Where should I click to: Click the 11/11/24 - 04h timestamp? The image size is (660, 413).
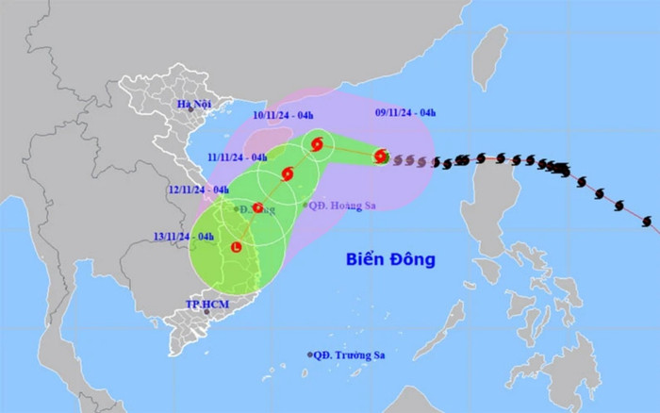pyautogui.click(x=239, y=157)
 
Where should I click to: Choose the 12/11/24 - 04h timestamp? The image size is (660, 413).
pyautogui.click(x=199, y=190)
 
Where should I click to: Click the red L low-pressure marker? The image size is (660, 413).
pyautogui.click(x=236, y=248)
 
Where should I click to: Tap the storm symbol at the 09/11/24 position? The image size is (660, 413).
pyautogui.click(x=381, y=157)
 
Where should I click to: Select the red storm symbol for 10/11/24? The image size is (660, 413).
pyautogui.click(x=317, y=144)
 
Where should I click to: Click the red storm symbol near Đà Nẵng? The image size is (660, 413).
pyautogui.click(x=257, y=207)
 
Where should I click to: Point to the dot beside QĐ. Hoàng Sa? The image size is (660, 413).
pyautogui.click(x=305, y=205)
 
